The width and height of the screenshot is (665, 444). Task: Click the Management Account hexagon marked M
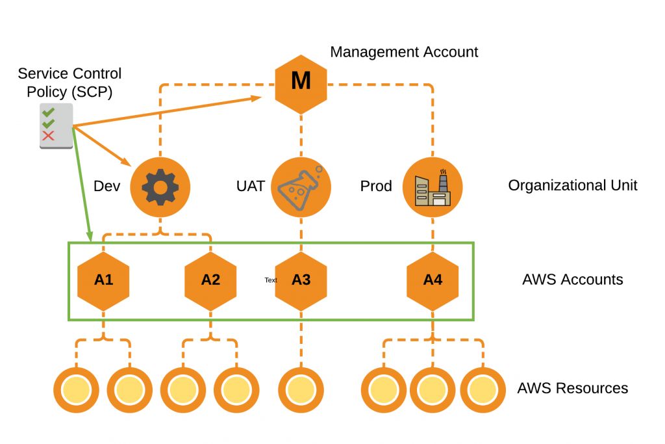pyautogui.click(x=301, y=81)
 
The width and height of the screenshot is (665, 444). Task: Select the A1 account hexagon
pyautogui.click(x=104, y=280)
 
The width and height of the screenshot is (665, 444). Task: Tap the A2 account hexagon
pyautogui.click(x=210, y=280)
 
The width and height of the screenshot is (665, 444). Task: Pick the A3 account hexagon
pyautogui.click(x=301, y=280)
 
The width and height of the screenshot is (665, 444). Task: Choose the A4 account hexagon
pyautogui.click(x=433, y=280)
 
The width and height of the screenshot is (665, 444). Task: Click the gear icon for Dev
pyautogui.click(x=160, y=187)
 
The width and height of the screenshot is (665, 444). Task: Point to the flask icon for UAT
pyautogui.click(x=301, y=187)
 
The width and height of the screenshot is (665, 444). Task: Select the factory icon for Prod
pyautogui.click(x=433, y=187)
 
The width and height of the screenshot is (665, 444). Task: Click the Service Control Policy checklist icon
pyautogui.click(x=55, y=125)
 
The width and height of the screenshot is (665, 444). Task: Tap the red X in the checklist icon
pyautogui.click(x=48, y=136)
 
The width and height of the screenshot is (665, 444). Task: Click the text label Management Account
pyautogui.click(x=404, y=52)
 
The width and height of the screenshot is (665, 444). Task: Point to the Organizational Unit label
pyautogui.click(x=572, y=186)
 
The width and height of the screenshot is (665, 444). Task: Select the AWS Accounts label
pyautogui.click(x=572, y=280)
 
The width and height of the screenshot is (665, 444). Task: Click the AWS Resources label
pyautogui.click(x=572, y=389)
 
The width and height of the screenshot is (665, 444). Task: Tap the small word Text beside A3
pyautogui.click(x=271, y=280)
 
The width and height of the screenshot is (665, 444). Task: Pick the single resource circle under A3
pyautogui.click(x=301, y=389)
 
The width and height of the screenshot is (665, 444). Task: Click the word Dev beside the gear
pyautogui.click(x=107, y=187)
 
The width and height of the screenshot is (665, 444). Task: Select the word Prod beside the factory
pyautogui.click(x=376, y=187)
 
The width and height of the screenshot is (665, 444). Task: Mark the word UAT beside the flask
pyautogui.click(x=250, y=187)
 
